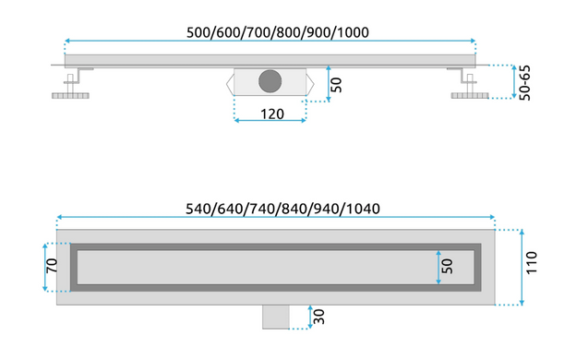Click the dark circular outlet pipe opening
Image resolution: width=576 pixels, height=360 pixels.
pos(270,81)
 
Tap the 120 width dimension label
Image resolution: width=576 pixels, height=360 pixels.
pos(272,114)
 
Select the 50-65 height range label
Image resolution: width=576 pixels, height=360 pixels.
pos(525,83)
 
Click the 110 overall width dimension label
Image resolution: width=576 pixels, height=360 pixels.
pos(532,262)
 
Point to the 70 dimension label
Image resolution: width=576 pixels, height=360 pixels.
pos(52,266)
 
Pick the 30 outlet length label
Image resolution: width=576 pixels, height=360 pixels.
pos(319,317)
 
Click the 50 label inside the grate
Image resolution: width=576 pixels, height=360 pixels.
pos(447,266)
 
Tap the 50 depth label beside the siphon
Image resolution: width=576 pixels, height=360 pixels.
pos(336,85)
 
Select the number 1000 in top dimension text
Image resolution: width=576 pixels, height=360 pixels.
pos(353,32)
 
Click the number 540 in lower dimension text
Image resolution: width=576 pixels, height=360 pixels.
pos(198,209)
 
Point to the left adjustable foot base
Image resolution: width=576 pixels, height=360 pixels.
pos(70,96)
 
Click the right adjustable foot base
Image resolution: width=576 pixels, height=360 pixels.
pos(470,96)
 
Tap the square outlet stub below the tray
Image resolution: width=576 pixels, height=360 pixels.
pos(276,317)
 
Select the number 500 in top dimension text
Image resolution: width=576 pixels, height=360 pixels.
pos(198,32)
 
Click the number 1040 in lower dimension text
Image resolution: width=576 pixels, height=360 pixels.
pos(364,209)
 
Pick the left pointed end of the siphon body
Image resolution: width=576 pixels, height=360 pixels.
pos(230,84)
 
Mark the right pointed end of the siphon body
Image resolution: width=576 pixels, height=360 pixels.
pos(310,84)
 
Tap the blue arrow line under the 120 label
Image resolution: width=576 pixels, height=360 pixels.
pos(270,120)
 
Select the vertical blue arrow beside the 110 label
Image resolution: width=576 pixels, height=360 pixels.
pos(522,267)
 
